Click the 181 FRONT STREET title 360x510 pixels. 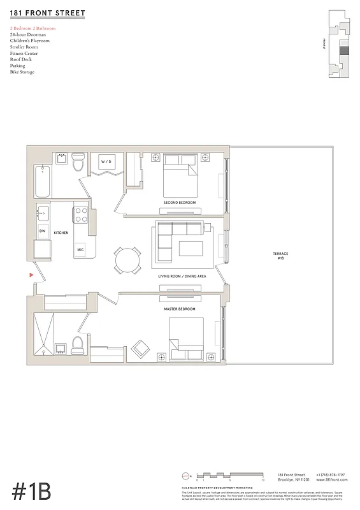tap(47, 13)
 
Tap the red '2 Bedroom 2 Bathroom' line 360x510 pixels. tap(32, 29)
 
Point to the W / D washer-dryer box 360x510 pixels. tap(106, 162)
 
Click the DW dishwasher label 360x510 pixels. tap(43, 231)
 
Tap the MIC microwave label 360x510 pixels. tap(80, 250)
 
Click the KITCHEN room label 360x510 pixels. tap(61, 233)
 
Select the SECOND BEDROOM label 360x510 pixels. tap(180, 203)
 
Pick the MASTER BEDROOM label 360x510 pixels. tap(179, 309)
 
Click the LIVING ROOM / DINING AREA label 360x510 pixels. tap(182, 276)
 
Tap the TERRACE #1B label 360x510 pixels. tap(280, 256)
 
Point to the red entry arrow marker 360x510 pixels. tap(31, 275)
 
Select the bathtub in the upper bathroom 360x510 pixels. tap(42, 181)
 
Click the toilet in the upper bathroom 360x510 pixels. tap(78, 164)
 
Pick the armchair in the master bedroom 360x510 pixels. tap(140, 348)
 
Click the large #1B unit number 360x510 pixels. tap(31, 492)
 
